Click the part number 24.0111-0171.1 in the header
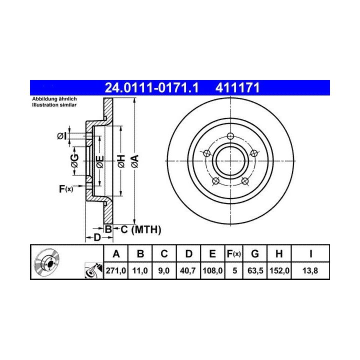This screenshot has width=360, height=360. point(151,87)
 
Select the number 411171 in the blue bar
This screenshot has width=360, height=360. point(237,87)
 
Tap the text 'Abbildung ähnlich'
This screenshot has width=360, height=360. point(54,99)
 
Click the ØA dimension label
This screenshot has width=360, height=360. point(135,161)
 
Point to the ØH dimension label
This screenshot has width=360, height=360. point(121,161)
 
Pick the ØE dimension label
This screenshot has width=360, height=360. point(100,161)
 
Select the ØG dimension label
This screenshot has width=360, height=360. point(74,160)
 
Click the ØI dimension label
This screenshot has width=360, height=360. point(61,136)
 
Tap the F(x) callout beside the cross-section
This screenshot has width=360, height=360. point(66,189)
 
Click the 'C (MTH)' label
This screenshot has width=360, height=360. point(140,229)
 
